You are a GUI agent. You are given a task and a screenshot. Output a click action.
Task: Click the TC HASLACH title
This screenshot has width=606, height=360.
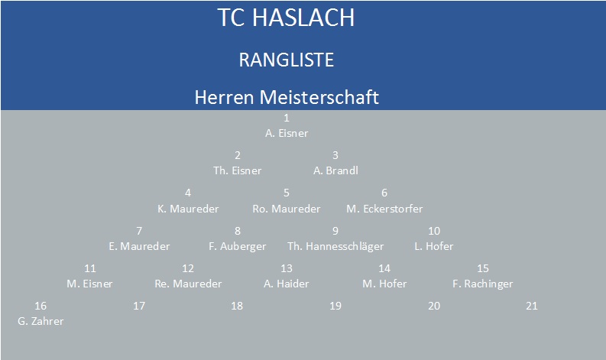point(286,18)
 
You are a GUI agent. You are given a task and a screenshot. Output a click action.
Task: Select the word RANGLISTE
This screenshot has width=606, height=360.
point(287,60)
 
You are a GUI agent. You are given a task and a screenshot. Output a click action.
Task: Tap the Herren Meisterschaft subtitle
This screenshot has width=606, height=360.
point(287,97)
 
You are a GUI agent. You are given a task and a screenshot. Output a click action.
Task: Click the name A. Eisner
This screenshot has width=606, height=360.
point(287,133)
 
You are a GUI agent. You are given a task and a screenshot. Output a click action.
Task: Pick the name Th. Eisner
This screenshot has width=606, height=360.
point(238,170)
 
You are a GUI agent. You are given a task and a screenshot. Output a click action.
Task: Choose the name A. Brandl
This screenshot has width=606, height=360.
point(335,170)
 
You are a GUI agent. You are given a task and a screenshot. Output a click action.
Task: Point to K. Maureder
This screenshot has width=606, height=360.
point(188,209)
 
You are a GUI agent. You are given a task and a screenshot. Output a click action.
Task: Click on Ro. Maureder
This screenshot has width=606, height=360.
point(287,209)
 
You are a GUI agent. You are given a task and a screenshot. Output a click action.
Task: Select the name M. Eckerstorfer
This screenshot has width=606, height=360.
point(384,209)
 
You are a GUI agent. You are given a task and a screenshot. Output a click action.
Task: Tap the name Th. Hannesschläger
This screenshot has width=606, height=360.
point(335,246)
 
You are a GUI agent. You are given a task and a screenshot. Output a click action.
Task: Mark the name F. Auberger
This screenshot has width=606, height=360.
point(238,246)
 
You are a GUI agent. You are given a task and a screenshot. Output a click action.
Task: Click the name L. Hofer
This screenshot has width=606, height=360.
point(433,246)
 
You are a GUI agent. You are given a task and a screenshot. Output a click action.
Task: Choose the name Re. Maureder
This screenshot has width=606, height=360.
point(188,284)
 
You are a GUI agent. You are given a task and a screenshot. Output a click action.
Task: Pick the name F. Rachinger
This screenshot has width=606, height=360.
point(483,284)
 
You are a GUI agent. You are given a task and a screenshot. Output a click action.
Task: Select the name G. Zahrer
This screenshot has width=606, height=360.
point(41,321)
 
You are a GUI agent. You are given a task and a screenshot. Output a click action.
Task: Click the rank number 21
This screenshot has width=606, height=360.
point(532,306)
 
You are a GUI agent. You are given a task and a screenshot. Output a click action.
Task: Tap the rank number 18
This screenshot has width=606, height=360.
point(237,306)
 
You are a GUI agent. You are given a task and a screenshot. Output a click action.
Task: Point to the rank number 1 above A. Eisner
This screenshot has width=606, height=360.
point(287,118)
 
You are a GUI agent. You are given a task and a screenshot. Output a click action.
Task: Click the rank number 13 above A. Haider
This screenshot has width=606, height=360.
point(287,268)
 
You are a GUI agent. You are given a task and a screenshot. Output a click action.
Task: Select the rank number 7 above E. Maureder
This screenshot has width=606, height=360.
point(139,231)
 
